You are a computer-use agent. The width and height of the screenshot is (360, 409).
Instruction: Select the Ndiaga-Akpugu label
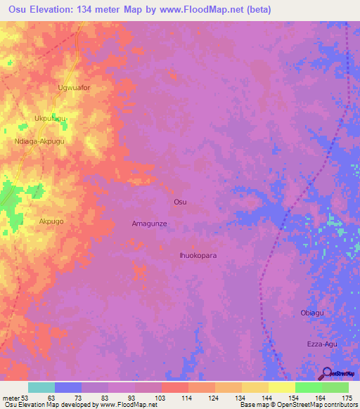tap(39, 141)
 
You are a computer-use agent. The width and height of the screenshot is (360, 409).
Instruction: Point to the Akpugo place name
tap(51, 221)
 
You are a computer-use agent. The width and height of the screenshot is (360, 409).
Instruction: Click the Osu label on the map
tap(180, 202)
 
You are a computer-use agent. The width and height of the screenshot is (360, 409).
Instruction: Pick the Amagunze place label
tap(149, 223)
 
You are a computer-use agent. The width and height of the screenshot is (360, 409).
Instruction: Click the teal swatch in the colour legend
tap(41, 387)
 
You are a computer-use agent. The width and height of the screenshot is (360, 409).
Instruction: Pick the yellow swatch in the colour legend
tap(282, 387)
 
